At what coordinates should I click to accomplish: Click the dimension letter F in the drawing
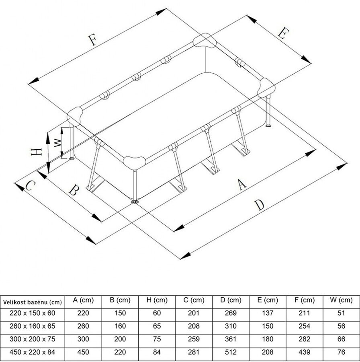(x=92, y=40)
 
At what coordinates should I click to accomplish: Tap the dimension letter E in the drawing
(x=283, y=33)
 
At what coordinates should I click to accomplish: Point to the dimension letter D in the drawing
(x=260, y=205)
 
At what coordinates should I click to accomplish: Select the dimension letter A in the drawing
(x=242, y=185)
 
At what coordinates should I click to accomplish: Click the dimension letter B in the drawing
(x=74, y=190)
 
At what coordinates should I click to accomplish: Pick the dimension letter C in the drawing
(x=31, y=185)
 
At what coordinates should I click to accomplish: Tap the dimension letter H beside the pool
(x=36, y=152)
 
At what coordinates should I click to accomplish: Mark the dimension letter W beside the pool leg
(x=57, y=143)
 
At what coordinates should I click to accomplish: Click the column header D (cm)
(x=231, y=300)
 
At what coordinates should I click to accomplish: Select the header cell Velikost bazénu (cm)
(x=33, y=302)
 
